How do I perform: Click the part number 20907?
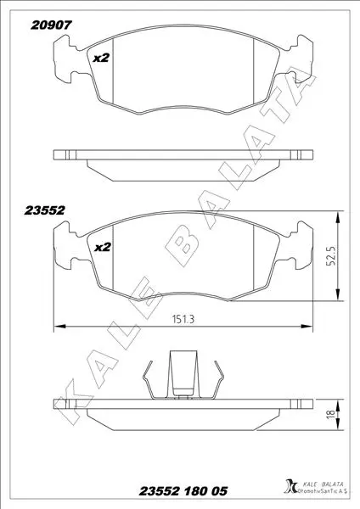coord(51,25)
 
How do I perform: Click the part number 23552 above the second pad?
coord(44,210)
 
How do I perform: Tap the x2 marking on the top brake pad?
coord(101,58)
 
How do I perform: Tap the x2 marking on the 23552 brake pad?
coord(103,248)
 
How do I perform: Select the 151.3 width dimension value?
coord(183,320)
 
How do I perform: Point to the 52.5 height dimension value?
coord(331,255)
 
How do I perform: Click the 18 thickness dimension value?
coord(331,414)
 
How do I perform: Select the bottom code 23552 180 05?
coord(183,491)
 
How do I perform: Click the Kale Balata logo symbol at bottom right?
coord(290,486)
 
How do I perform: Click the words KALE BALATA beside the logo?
coord(323,484)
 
